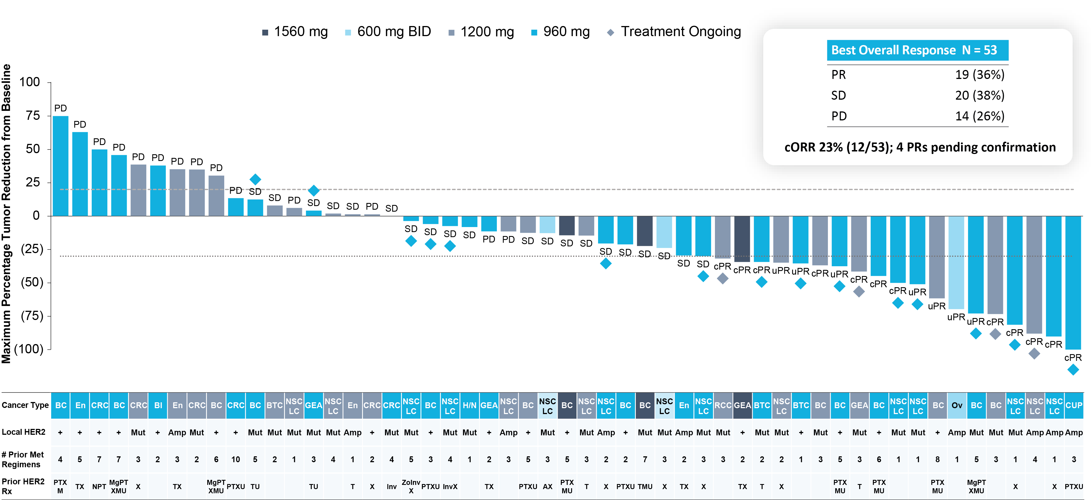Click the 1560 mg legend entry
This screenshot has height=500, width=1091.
click(295, 32)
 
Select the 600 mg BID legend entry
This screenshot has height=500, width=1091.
click(388, 32)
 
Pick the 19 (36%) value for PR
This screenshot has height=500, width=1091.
click(980, 75)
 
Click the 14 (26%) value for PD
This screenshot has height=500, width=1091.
click(980, 116)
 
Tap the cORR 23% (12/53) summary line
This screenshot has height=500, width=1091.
click(920, 147)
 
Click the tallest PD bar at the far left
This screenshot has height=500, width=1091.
click(61, 166)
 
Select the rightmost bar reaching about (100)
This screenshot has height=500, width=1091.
click(1073, 282)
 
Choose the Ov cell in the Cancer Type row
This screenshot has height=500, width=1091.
click(957, 405)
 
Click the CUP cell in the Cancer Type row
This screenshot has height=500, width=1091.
click(1074, 405)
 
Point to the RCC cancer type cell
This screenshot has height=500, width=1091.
click(723, 405)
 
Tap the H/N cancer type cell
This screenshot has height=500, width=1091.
click(469, 405)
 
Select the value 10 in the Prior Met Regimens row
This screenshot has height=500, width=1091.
click(235, 459)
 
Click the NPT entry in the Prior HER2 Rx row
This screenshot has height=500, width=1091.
click(99, 487)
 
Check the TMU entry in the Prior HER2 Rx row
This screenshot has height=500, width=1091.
click(645, 487)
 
